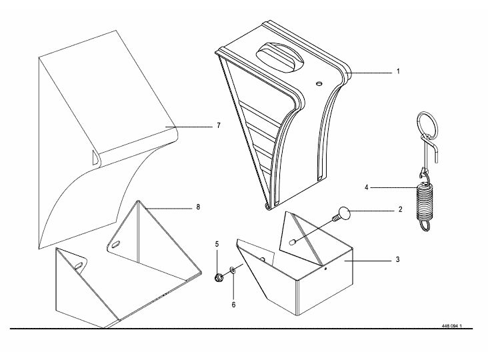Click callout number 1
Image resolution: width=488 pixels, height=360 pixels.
[398, 71]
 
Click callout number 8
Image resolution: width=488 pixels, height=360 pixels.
[198, 208]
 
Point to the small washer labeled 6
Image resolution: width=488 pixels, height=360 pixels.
[233, 270]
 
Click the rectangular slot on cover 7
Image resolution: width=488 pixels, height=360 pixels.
[92, 158]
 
